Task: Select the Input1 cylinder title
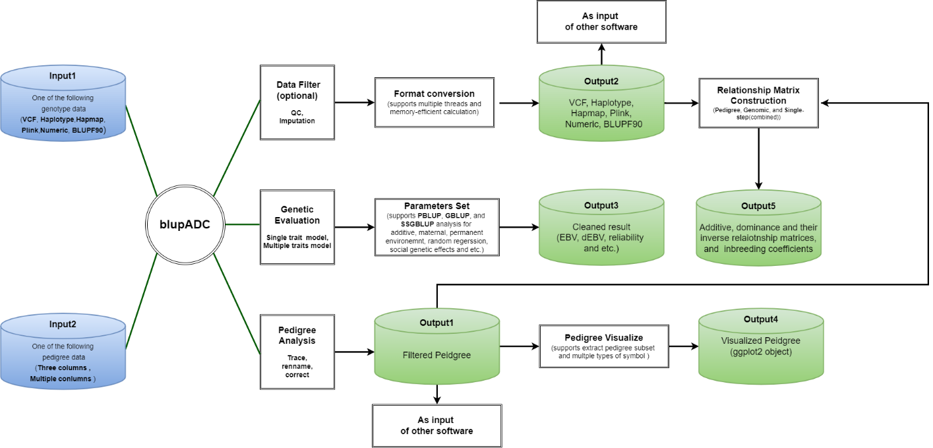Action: (x=63, y=76)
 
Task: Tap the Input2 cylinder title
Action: (x=63, y=325)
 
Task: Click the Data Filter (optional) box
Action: (x=298, y=102)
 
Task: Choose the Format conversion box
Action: (x=434, y=103)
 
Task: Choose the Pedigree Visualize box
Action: (x=603, y=346)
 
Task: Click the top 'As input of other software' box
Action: (x=601, y=21)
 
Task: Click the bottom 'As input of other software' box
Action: (x=436, y=426)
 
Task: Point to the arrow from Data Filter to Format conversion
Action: (x=355, y=102)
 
